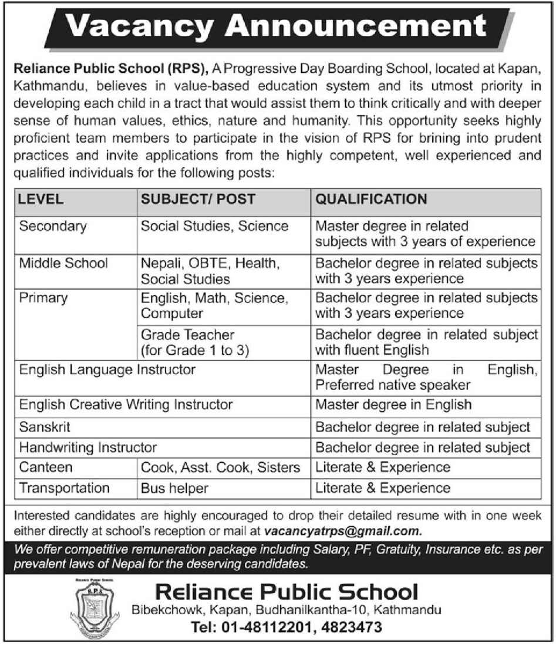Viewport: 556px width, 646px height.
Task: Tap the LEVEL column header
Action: click(x=41, y=199)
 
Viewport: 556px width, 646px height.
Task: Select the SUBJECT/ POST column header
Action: click(x=198, y=199)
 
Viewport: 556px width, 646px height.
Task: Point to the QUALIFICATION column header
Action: click(x=371, y=199)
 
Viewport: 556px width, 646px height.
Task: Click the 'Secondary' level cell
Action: click(x=53, y=226)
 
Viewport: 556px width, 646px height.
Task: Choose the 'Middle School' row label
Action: click(x=63, y=263)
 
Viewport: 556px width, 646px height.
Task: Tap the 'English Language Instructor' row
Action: click(x=107, y=370)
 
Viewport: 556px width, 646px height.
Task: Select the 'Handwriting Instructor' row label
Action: click(x=88, y=447)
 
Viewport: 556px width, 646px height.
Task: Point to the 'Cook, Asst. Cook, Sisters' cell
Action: click(x=221, y=467)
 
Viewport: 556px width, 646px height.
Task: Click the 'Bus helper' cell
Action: click(x=174, y=488)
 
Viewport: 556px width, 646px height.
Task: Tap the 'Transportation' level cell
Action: click(x=65, y=488)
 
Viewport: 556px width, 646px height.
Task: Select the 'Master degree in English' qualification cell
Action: click(x=393, y=405)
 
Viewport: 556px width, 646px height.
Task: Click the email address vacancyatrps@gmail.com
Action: click(x=343, y=531)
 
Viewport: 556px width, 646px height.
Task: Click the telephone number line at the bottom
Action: click(x=287, y=628)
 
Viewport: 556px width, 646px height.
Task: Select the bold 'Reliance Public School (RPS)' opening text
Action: click(x=111, y=70)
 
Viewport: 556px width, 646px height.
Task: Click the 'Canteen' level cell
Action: click(x=46, y=467)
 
